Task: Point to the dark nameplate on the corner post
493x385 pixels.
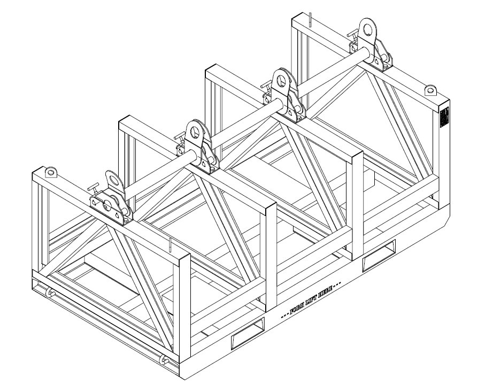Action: point(443,117)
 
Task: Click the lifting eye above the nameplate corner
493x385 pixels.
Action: point(431,90)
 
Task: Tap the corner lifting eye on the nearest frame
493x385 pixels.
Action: point(50,172)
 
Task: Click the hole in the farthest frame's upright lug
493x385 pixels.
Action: point(367,28)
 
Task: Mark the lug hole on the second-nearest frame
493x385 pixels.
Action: point(194,130)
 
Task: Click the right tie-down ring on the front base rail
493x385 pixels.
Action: point(167,361)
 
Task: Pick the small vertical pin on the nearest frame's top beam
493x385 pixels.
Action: point(170,245)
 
